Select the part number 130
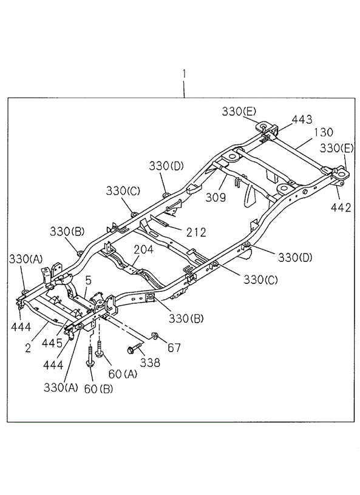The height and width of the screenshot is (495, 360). point(324,132)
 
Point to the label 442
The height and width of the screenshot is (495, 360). point(341,207)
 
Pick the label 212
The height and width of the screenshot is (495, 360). point(195,232)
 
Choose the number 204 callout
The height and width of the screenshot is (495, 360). point(144,249)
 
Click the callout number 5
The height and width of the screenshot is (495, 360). point(88,280)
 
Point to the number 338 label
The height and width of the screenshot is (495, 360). point(150,363)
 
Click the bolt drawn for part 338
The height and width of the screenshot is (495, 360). point(134,349)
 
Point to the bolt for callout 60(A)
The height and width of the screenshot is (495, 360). point(99,349)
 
